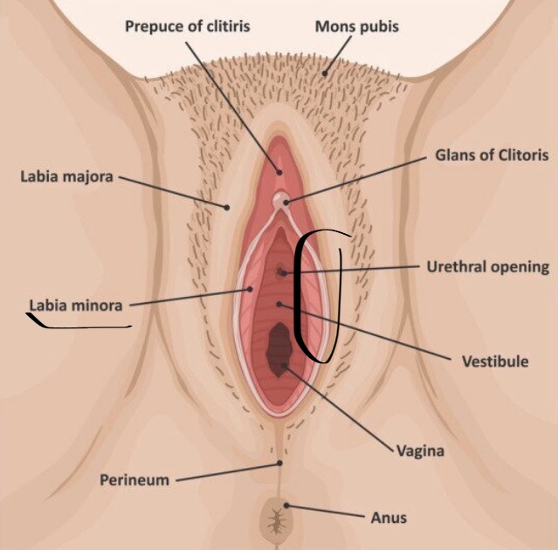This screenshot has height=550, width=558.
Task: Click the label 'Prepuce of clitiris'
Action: point(188,26)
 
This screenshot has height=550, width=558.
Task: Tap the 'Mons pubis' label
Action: point(356,26)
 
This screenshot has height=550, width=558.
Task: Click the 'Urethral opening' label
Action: point(487,267)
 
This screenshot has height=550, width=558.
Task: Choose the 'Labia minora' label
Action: point(76,306)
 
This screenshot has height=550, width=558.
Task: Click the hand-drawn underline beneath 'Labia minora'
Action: point(79,326)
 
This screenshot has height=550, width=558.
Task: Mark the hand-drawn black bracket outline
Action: point(299,297)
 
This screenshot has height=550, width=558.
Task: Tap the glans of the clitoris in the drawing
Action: point(281,202)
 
